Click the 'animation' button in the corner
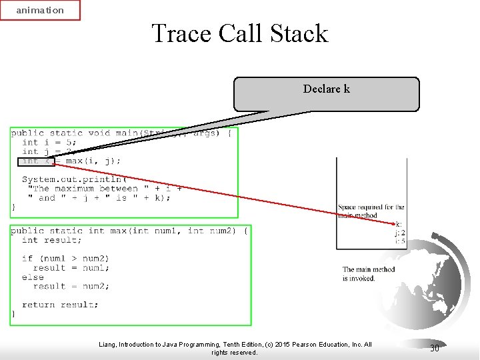coord(40,11)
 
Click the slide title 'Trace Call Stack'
coord(240,33)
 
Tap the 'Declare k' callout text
coord(326,89)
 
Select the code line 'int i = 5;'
coord(49,142)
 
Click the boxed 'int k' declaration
coord(37,161)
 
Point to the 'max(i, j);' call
coord(93,161)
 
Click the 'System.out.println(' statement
coord(74,179)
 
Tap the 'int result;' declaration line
coord(52,240)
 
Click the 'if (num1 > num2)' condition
coord(65,258)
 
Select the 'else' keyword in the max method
coord(33,277)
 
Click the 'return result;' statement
coord(60,305)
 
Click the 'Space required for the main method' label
coord(371,211)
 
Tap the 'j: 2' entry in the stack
coord(399,233)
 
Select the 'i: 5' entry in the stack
coord(399,241)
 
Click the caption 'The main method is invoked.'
coord(369,274)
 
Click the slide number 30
coord(434,348)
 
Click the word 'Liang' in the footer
coord(107,345)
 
